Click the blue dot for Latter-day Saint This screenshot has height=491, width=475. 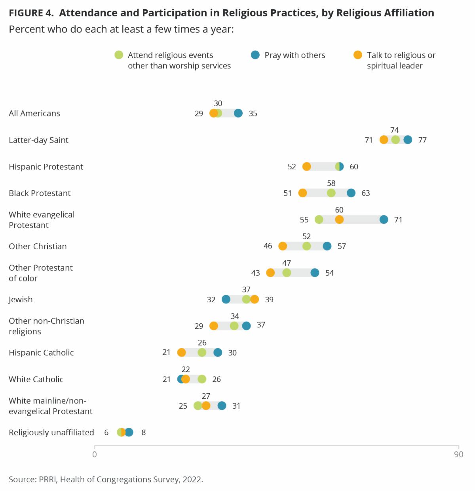[x=408, y=140]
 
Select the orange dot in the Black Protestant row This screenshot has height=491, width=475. [x=302, y=193]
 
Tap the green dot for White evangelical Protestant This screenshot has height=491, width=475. [x=319, y=220]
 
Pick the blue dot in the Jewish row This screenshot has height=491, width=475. [x=226, y=300]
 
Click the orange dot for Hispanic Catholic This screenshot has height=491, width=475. [x=181, y=353]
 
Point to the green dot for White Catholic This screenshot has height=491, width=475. [x=202, y=379]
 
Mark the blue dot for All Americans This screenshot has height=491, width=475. [x=238, y=114]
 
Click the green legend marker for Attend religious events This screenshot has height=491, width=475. [x=119, y=55]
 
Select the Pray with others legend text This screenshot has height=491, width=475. [x=294, y=55]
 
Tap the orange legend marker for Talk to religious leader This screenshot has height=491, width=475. [x=358, y=55]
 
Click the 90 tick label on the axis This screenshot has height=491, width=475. [x=458, y=455]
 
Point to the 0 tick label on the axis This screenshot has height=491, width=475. [x=95, y=455]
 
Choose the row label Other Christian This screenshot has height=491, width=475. [x=38, y=246]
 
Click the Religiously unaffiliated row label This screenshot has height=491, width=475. [x=51, y=432]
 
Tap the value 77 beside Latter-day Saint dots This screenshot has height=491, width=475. [x=422, y=140]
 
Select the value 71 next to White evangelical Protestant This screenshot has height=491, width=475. [x=398, y=220]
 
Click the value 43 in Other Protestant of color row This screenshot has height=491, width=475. [x=255, y=273]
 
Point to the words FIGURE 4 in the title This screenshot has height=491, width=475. [x=31, y=13]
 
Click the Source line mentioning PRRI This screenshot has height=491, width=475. [x=106, y=480]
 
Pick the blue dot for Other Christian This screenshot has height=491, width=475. [x=327, y=246]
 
